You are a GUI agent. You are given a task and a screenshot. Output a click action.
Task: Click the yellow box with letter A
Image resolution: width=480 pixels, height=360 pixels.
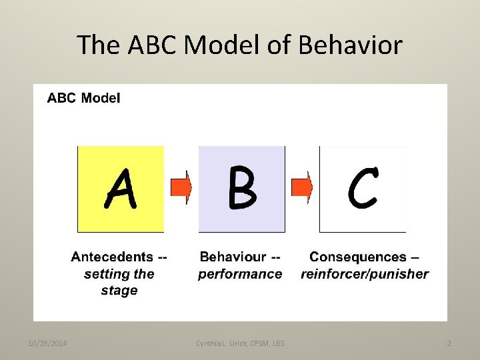click(x=121, y=189)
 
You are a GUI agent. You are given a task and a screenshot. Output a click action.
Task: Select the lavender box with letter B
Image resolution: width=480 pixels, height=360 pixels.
click(x=241, y=189)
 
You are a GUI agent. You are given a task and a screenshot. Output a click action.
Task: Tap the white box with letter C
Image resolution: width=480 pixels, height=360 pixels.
click(x=363, y=189)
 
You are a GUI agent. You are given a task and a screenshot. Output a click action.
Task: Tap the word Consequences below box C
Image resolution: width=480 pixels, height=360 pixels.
click(x=358, y=257)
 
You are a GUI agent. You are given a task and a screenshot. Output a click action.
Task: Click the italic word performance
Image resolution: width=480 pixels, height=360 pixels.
click(x=240, y=274)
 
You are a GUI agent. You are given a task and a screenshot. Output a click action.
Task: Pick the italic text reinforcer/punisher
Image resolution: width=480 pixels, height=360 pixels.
click(x=365, y=274)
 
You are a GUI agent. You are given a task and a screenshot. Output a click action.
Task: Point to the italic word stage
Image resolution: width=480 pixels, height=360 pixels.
click(x=119, y=291)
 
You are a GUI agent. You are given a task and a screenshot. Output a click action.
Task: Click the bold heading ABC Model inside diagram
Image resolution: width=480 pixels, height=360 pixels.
click(x=84, y=98)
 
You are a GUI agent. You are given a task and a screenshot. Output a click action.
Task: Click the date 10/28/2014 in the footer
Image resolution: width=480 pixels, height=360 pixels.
click(x=46, y=343)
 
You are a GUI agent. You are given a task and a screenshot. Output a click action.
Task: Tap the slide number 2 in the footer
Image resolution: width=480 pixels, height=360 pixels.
click(x=449, y=343)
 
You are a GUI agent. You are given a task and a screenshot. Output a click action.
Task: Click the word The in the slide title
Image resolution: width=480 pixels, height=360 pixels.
click(x=97, y=45)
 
